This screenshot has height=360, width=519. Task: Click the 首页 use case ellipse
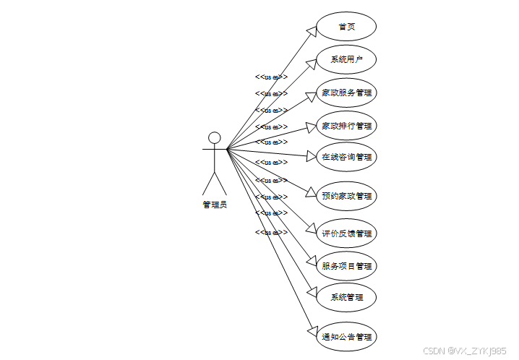pos(346,27)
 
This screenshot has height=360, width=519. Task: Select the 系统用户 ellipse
pos(346,59)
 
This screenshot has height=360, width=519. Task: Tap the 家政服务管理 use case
pos(346,93)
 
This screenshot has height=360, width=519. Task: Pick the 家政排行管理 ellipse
pos(346,126)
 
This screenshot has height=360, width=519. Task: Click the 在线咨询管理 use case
pos(346,157)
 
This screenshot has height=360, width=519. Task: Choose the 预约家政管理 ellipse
pos(346,196)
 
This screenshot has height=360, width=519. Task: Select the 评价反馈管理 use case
pos(346,233)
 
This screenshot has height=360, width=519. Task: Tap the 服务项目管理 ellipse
pos(346,266)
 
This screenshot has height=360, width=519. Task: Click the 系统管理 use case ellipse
pos(346,297)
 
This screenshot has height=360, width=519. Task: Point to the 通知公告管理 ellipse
pos(346,337)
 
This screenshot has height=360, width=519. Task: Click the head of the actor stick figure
pos(214,137)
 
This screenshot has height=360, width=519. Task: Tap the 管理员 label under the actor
pos(214,205)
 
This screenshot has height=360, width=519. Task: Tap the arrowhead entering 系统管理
pos(312,293)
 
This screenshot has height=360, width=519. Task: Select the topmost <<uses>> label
pos(271,77)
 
